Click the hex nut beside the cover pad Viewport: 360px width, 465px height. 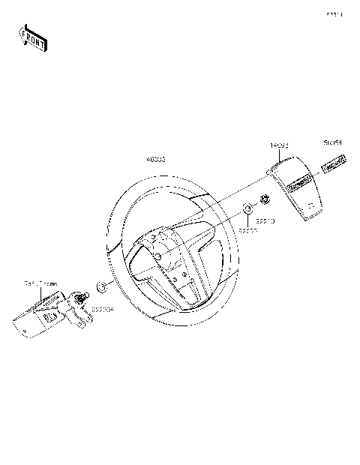point(265,199)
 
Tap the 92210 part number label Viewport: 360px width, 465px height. point(265,221)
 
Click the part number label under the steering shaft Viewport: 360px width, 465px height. point(102,308)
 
